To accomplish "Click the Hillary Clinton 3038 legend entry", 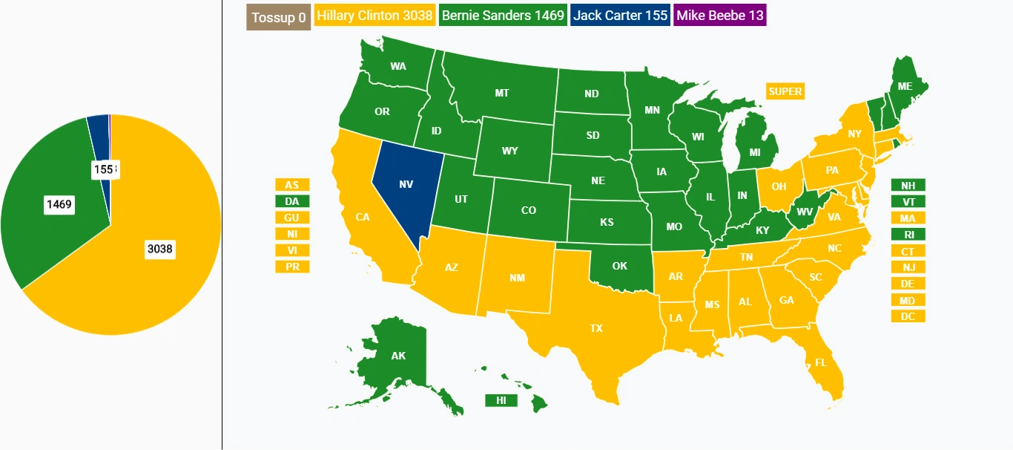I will (x=374, y=16).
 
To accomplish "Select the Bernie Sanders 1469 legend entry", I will (x=503, y=16).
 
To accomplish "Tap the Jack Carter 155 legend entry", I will (x=620, y=16).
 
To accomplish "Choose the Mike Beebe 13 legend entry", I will (x=719, y=16).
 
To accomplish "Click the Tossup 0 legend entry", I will (x=278, y=17).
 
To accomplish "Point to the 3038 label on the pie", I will (x=159, y=250).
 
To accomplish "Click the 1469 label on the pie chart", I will (x=59, y=204).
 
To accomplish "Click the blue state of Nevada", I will (x=406, y=185).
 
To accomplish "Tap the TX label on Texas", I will (x=596, y=328).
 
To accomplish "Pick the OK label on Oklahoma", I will (x=619, y=267).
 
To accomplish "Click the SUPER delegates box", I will (x=785, y=91).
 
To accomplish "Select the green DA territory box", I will (x=292, y=201).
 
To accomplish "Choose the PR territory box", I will (x=292, y=267).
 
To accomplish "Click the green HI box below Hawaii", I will (x=501, y=400).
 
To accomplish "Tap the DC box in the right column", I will (x=908, y=316).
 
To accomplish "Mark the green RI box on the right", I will (x=908, y=235).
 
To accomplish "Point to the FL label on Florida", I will (x=821, y=363).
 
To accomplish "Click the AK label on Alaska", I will (x=398, y=356).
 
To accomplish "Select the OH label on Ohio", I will (x=779, y=186).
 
